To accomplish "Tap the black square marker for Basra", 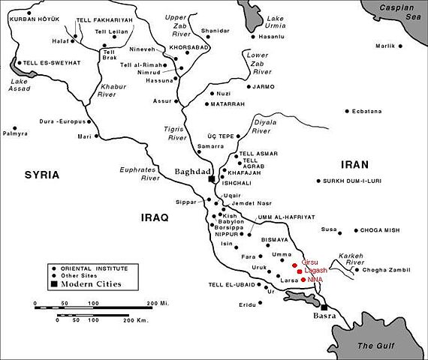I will [324, 307].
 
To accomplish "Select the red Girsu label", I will [310, 262].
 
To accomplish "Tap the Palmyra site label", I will [15, 133].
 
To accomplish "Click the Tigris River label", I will [176, 133].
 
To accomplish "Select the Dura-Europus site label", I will [63, 121].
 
